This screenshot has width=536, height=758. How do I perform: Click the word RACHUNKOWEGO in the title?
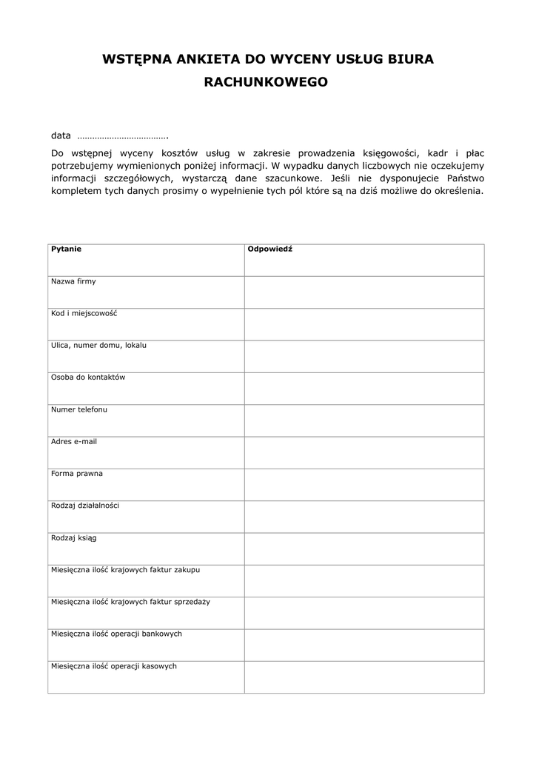tap(265, 84)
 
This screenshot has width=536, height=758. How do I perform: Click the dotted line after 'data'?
tap(123, 136)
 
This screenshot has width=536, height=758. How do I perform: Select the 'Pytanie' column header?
tap(66, 249)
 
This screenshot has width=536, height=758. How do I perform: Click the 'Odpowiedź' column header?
tap(269, 249)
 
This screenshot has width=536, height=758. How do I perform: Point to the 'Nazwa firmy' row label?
tap(73, 281)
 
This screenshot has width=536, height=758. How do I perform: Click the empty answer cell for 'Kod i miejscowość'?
tap(364, 324)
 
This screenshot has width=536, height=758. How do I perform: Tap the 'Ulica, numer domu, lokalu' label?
tap(98, 345)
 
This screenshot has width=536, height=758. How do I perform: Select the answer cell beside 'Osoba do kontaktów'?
tap(364, 389)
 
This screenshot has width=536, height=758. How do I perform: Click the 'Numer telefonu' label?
tap(78, 409)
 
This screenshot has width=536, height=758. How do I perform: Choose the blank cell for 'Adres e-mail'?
tap(364, 452)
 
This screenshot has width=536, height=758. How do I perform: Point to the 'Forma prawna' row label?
tap(77, 473)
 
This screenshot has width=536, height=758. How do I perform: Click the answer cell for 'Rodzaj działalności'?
tap(364, 517)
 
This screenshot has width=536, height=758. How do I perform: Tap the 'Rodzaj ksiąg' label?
tap(73, 537)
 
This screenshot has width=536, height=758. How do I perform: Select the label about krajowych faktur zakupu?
tap(125, 570)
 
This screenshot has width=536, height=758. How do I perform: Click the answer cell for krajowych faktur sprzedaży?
tap(364, 613)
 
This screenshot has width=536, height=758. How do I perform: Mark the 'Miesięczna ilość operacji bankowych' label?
tap(116, 634)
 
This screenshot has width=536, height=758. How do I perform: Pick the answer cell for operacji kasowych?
tap(364, 677)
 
